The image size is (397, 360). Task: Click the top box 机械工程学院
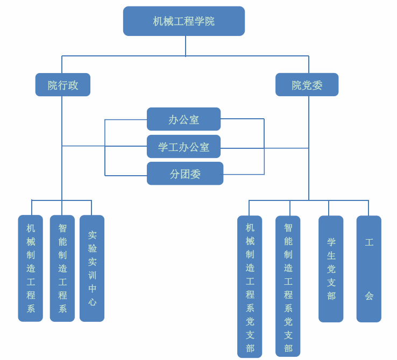tap(183, 21)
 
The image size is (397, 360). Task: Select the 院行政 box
tap(62, 85)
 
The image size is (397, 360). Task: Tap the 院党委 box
tap(307, 85)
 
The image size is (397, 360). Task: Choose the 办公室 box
tap(183, 119)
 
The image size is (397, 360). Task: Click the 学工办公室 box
tap(183, 147)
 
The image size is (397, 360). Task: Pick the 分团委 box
tap(185, 174)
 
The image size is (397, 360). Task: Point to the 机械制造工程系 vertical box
tap(31, 268)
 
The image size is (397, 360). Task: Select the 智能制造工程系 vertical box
tap(62, 268)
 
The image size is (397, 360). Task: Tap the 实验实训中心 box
tap(92, 268)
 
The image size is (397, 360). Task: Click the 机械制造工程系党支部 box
tap(250, 287)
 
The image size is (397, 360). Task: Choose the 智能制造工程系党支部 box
tap(288, 286)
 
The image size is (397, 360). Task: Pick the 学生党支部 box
tap(331, 269)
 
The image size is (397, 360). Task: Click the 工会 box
tap(368, 269)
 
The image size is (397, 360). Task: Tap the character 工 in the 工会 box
tap(369, 242)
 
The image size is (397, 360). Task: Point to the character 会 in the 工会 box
tap(369, 296)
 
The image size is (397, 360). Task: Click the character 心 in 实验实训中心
tap(93, 302)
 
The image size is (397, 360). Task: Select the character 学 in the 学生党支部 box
tap(331, 242)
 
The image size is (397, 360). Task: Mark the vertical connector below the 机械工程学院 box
tap(186, 46)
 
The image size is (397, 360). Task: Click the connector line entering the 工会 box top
tap(368, 208)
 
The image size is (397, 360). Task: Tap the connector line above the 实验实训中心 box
tap(91, 207)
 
